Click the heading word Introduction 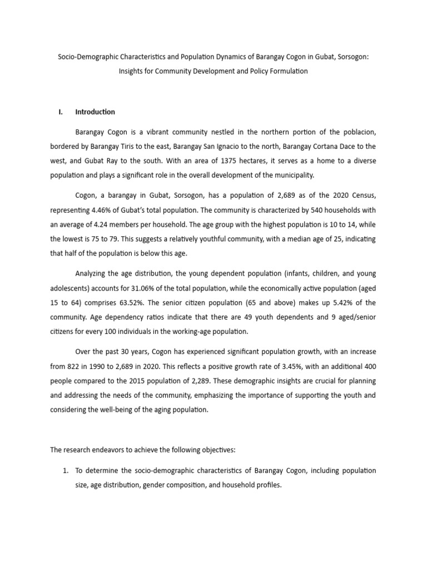(x=95, y=112)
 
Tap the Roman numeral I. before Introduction (x=61, y=112)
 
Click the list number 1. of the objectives (x=64, y=471)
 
